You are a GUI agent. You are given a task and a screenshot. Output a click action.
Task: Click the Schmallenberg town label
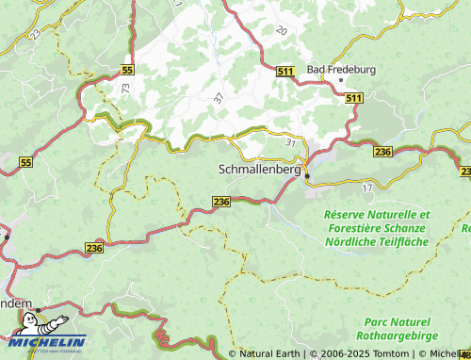click(x=258, y=172)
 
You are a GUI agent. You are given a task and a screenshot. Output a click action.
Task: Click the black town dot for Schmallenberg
click(x=306, y=174)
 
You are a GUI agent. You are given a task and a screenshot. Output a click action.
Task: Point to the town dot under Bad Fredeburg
click(x=340, y=80)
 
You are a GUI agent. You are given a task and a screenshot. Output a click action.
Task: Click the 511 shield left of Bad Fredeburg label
click(x=286, y=71)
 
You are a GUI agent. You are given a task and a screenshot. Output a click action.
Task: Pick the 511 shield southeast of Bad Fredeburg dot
click(x=353, y=98)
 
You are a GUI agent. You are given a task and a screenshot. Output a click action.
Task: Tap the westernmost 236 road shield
click(x=93, y=247)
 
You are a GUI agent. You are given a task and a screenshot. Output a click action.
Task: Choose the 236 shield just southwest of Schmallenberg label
click(x=221, y=202)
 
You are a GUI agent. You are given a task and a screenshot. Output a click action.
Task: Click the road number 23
click(x=35, y=33)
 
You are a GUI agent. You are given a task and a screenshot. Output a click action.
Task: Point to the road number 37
click(x=219, y=98)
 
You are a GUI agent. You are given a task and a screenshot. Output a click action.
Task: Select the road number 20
click(x=281, y=31)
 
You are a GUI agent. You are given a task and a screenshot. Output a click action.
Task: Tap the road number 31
click(x=289, y=141)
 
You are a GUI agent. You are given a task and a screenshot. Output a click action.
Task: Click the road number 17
click(x=367, y=188)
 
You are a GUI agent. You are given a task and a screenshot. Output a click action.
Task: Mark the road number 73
click(x=125, y=87)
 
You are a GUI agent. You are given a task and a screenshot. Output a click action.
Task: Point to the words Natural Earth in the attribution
click(x=269, y=354)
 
